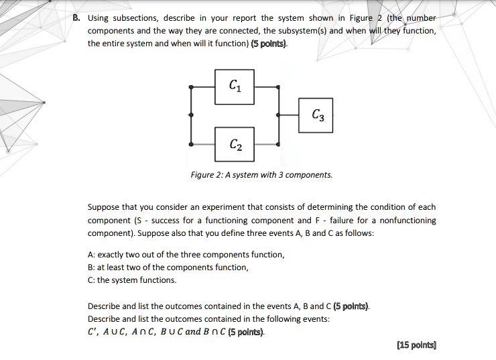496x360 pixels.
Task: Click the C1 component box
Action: click(x=234, y=86)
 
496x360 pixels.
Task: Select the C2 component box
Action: click(x=234, y=144)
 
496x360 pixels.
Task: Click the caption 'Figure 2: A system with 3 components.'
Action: click(x=261, y=175)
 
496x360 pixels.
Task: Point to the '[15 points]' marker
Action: click(x=416, y=345)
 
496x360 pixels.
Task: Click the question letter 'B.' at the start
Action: click(x=77, y=18)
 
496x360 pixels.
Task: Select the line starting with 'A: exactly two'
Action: click(x=186, y=255)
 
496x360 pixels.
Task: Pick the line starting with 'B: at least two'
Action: click(x=168, y=267)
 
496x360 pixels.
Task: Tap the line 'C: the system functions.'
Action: click(x=133, y=280)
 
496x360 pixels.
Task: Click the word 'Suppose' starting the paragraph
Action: click(x=104, y=207)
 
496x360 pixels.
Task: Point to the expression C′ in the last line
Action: click(x=93, y=331)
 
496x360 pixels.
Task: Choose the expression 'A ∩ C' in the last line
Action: click(x=144, y=331)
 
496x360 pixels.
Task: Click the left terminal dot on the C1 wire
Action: click(x=192, y=86)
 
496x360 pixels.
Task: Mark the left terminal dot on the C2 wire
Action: click(x=192, y=144)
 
